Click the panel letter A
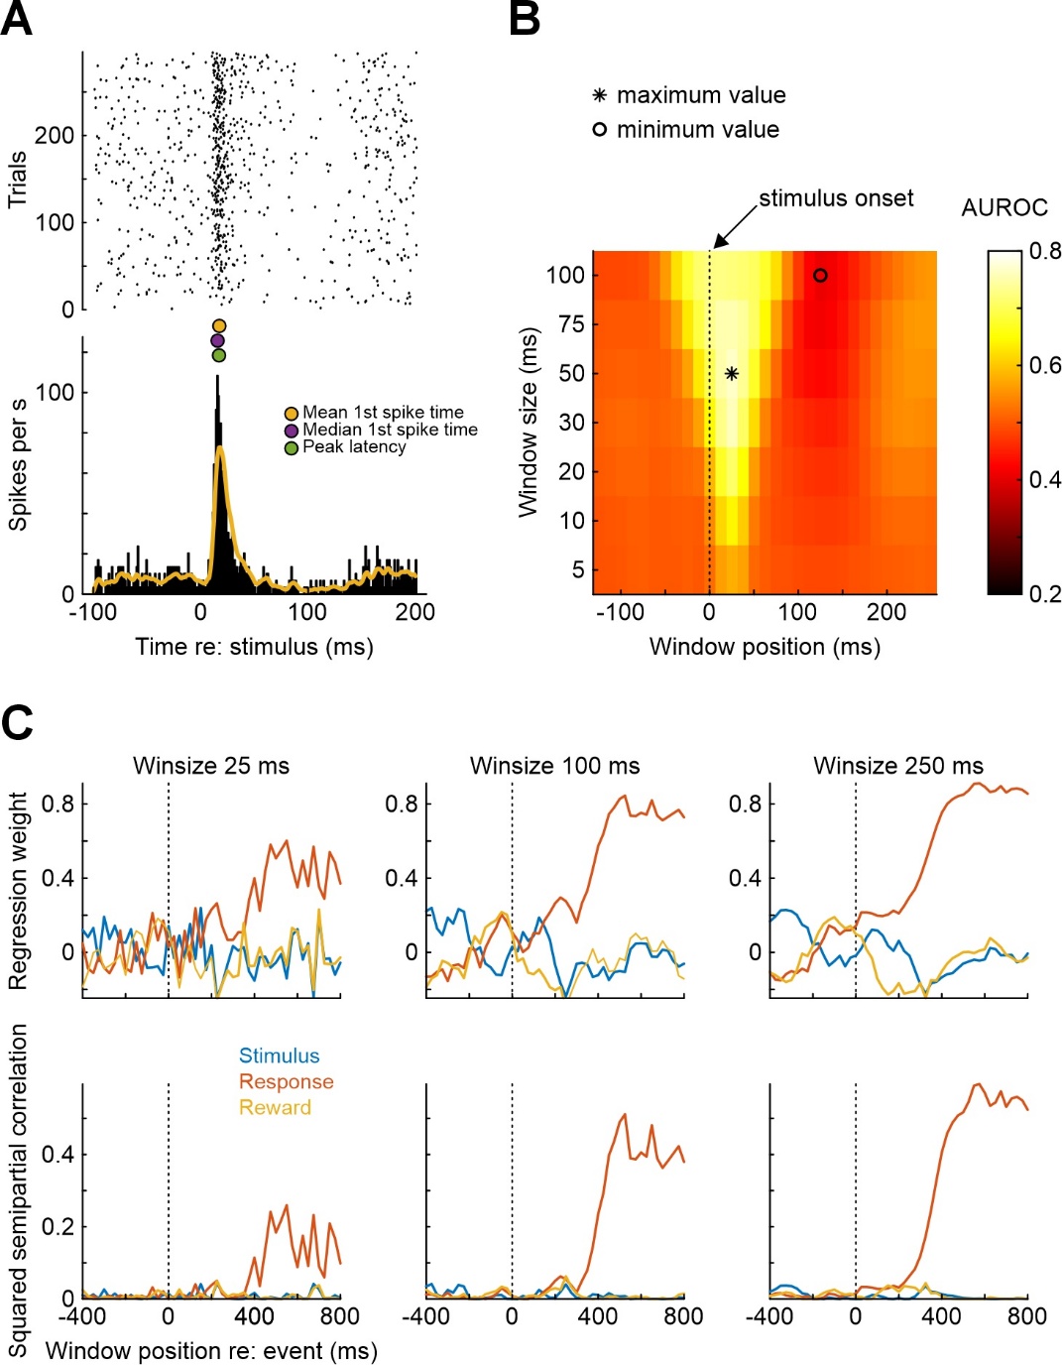pyautogui.click(x=17, y=19)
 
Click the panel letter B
pyautogui.click(x=525, y=19)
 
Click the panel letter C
pyautogui.click(x=18, y=723)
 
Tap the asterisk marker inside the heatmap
pyautogui.click(x=732, y=374)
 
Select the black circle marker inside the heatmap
pyautogui.click(x=820, y=275)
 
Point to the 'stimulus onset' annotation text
pyautogui.click(x=836, y=198)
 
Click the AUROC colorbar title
pyautogui.click(x=1004, y=207)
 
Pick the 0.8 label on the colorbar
pyautogui.click(x=1044, y=251)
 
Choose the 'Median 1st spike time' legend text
pyautogui.click(x=390, y=430)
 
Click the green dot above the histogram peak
pyautogui.click(x=219, y=355)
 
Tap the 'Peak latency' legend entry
pyautogui.click(x=354, y=447)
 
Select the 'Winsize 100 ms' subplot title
pyautogui.click(x=554, y=766)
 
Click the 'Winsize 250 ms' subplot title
pyautogui.click(x=898, y=766)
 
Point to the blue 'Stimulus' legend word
pyautogui.click(x=279, y=1056)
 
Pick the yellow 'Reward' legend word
pyautogui.click(x=275, y=1108)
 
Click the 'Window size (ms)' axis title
pyautogui.click(x=528, y=422)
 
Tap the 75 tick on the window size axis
pyautogui.click(x=572, y=323)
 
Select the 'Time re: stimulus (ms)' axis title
pyautogui.click(x=254, y=647)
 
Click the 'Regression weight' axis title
pyautogui.click(x=18, y=891)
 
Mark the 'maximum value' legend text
pyautogui.click(x=701, y=95)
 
